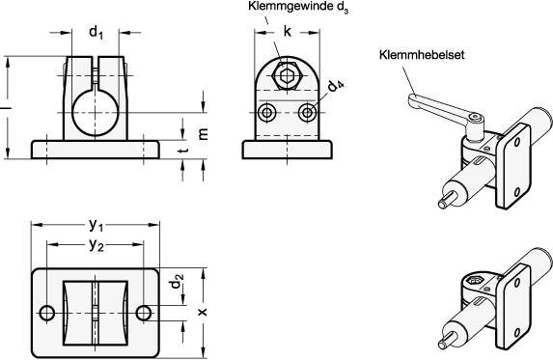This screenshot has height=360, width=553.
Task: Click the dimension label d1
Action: [97, 33]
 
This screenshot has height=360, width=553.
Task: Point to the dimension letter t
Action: [182, 152]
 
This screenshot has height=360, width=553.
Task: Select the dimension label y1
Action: [97, 225]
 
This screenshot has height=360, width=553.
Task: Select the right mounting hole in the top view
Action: [145, 313]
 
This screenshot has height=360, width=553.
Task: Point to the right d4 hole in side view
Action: [307, 112]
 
